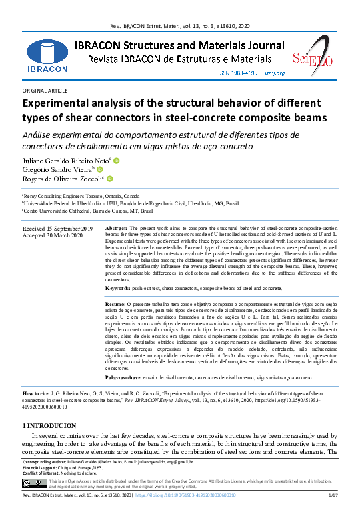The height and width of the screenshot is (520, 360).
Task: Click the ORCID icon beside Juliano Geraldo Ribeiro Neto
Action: coord(116,161)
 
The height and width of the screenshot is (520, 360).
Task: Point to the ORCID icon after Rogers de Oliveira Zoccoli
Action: coord(109,179)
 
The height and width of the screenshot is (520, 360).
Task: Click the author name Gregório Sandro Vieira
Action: coord(61,170)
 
